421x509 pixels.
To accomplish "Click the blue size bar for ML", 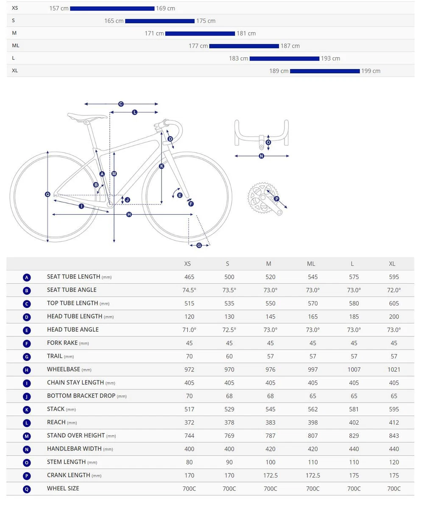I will point(244,46).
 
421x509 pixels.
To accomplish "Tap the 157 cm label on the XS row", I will point(59,8).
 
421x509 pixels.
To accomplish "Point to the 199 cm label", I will point(371,71).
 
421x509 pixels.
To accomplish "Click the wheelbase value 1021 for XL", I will point(393,369).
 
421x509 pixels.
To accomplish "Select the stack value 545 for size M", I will point(270,409).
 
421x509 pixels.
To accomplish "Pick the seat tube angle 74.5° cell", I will point(189,290).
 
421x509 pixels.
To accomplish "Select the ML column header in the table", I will point(311,264).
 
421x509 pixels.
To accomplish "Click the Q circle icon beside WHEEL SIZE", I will point(27,489).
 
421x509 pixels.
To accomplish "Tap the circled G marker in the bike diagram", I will point(199,245).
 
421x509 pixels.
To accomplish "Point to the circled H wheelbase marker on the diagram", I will point(129,215).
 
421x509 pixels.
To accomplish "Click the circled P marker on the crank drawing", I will point(276,199).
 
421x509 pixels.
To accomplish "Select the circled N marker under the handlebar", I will point(261,156).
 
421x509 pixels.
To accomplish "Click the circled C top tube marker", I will point(121,104).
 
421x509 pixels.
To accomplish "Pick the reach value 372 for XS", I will point(189,422).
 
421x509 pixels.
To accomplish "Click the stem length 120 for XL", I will point(393,462).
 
